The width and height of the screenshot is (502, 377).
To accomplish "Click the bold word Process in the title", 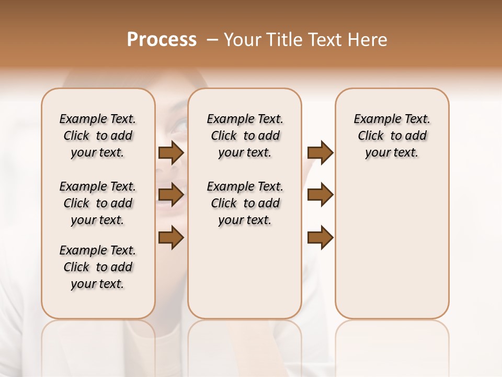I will (x=162, y=40).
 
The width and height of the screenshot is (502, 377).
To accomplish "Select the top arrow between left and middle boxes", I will (x=171, y=153).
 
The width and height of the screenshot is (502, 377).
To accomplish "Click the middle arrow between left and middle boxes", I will (x=171, y=195).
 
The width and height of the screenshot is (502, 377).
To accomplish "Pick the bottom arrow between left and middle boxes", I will (x=171, y=238).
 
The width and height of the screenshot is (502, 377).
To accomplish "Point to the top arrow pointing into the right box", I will (x=320, y=153).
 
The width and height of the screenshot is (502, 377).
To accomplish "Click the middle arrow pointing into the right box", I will (x=320, y=195).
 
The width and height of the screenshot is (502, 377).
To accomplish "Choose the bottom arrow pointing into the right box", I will (x=320, y=238).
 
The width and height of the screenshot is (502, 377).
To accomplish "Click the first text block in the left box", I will (x=98, y=136).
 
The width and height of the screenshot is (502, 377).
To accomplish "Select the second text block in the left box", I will (x=98, y=203).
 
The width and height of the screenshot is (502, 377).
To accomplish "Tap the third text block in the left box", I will (x=98, y=267).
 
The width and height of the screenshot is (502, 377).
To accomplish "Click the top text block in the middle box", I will (x=245, y=136).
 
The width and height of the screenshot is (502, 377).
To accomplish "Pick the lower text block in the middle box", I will (x=245, y=203).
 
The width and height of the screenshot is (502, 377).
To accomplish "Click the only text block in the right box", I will (x=392, y=136).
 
